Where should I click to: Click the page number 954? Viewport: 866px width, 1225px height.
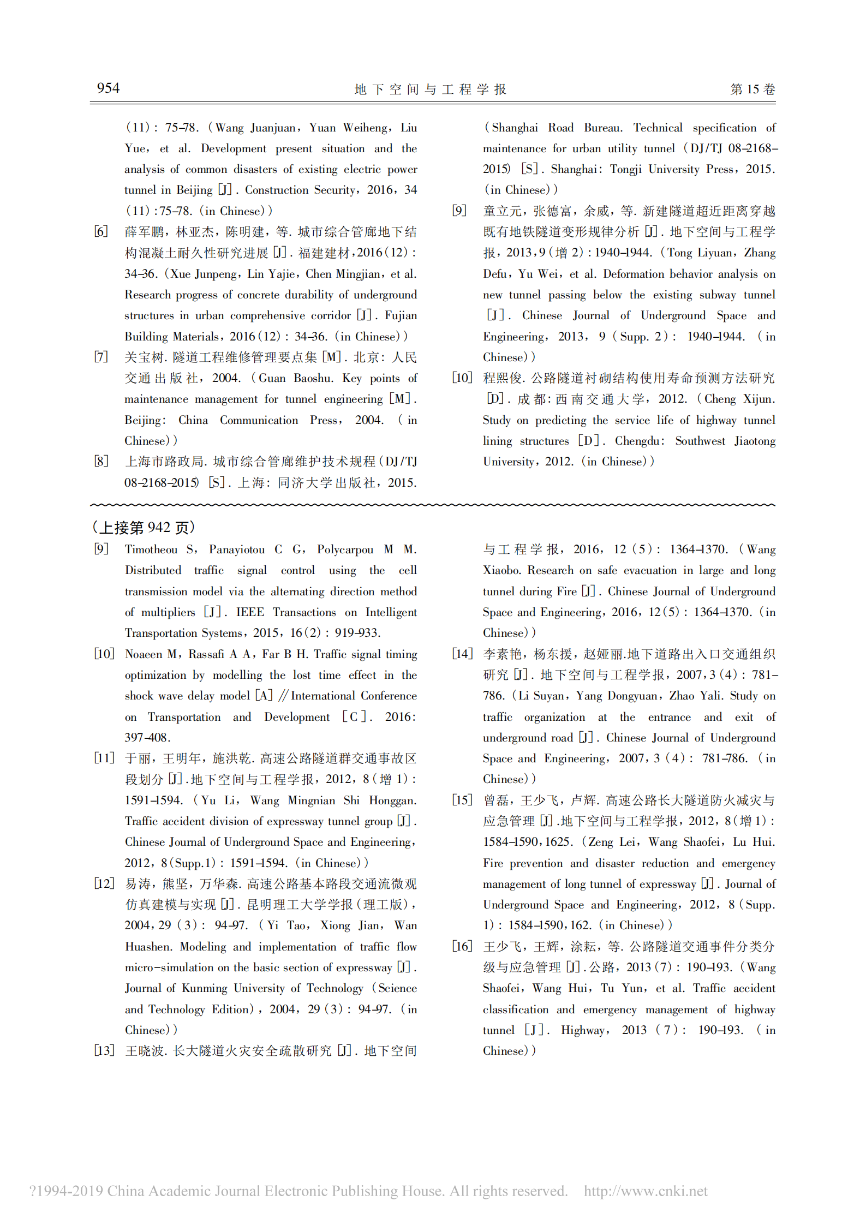(108, 88)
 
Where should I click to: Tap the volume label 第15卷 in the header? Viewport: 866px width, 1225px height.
(752, 89)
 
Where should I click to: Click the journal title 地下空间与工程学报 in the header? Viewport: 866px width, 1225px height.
(431, 89)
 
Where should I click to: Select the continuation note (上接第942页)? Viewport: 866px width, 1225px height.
(144, 528)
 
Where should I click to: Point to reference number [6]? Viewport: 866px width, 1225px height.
(101, 231)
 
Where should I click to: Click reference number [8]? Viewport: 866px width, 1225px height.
(101, 461)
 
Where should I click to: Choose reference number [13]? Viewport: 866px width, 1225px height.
(104, 1050)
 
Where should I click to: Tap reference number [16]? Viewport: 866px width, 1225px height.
(462, 946)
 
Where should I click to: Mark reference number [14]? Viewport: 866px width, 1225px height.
(462, 654)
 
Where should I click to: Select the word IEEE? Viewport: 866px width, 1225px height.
(250, 612)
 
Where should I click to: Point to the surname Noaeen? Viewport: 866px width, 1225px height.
(144, 654)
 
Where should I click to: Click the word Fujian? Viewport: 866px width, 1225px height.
(401, 315)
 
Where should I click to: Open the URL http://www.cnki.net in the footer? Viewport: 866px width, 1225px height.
(646, 1191)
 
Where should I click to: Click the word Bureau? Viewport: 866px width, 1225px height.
(603, 128)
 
